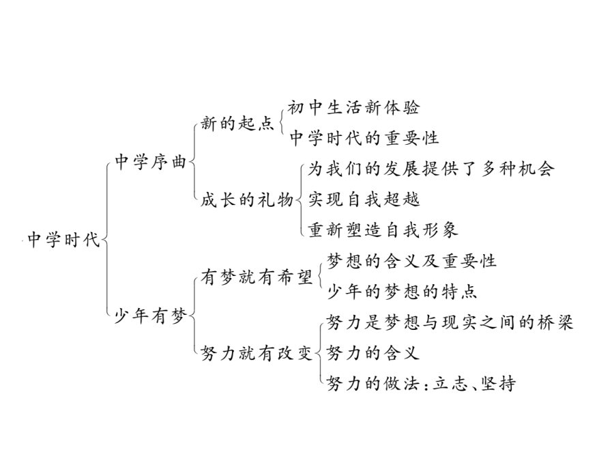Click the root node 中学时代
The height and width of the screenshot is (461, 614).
click(x=64, y=240)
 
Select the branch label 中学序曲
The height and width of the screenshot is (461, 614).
click(x=150, y=161)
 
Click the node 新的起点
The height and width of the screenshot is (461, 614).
click(x=237, y=124)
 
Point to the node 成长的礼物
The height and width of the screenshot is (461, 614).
click(x=247, y=200)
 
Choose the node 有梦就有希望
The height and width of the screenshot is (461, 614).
click(x=257, y=277)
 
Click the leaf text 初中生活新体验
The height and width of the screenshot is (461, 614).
click(x=353, y=107)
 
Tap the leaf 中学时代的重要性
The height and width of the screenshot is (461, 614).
click(x=364, y=138)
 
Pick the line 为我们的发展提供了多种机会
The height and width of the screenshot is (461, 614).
click(x=431, y=169)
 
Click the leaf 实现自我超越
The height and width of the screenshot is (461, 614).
click(x=364, y=199)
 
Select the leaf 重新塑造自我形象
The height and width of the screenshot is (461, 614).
click(x=383, y=229)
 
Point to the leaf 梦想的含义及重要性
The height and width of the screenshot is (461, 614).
click(x=411, y=261)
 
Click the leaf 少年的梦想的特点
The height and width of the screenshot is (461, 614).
click(x=402, y=292)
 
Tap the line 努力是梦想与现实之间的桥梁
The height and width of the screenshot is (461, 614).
click(x=450, y=322)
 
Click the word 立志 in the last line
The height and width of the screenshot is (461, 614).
click(x=450, y=383)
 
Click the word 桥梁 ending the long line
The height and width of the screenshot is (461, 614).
click(x=555, y=322)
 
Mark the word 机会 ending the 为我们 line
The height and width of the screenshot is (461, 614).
click(x=536, y=169)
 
